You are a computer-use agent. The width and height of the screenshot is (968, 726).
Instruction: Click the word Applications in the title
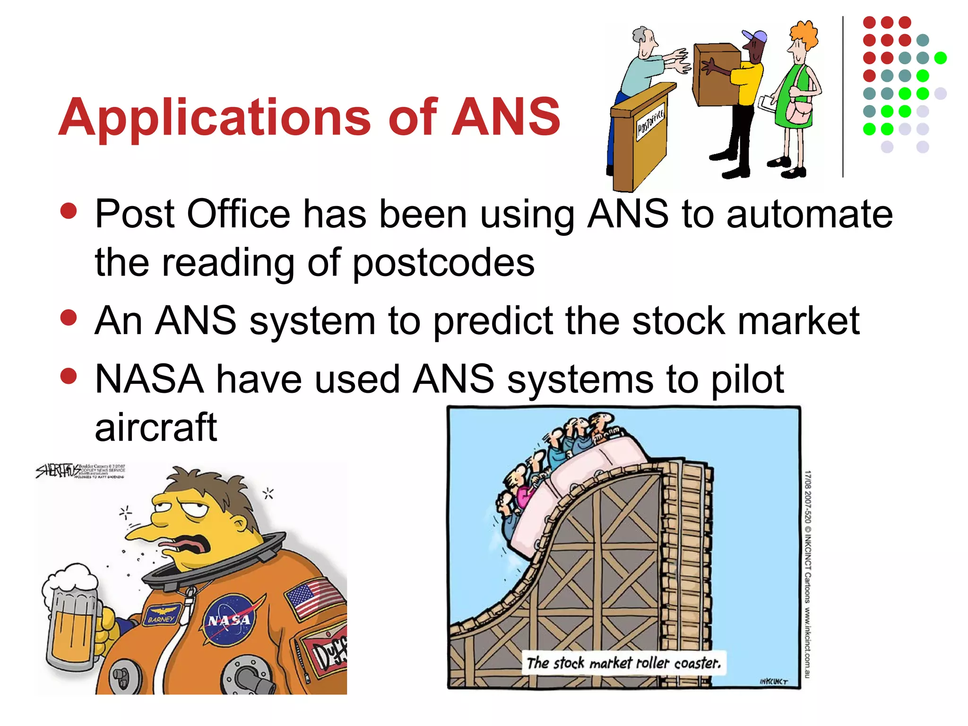pos(216,117)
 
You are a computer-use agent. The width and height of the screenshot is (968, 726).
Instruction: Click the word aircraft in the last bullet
pos(156,427)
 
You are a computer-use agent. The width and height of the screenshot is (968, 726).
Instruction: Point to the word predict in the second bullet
pos(493,321)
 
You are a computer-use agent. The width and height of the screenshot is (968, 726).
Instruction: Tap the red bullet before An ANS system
pos(69,318)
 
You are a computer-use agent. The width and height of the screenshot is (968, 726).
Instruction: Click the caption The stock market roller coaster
pos(623,663)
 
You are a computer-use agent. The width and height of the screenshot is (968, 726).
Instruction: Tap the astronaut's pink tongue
pos(184,549)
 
